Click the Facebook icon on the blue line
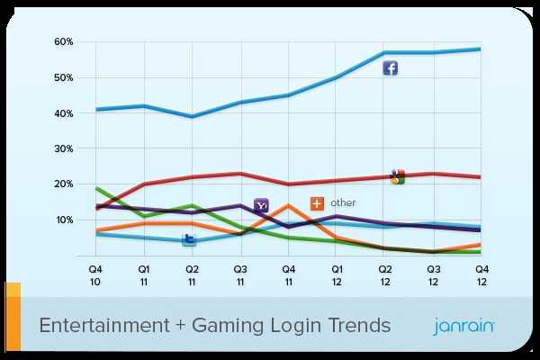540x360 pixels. point(391,68)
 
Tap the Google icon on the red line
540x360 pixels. point(397,176)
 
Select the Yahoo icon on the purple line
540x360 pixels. point(261,206)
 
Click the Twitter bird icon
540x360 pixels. point(190,238)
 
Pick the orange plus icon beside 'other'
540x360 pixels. point(317,203)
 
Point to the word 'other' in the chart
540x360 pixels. point(343,203)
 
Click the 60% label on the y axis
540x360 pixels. point(63,42)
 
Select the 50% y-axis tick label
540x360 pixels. point(63,78)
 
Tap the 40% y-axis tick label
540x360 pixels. point(63,113)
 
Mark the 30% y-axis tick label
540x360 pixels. point(63,148)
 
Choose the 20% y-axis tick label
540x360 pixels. point(63,184)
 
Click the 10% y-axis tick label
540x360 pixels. point(63,220)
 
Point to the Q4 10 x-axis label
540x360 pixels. point(94,274)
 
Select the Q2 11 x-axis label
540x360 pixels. point(192,274)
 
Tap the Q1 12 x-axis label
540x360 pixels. point(337,274)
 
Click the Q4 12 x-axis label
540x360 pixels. point(481,274)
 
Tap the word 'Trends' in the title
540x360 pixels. point(359,325)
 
